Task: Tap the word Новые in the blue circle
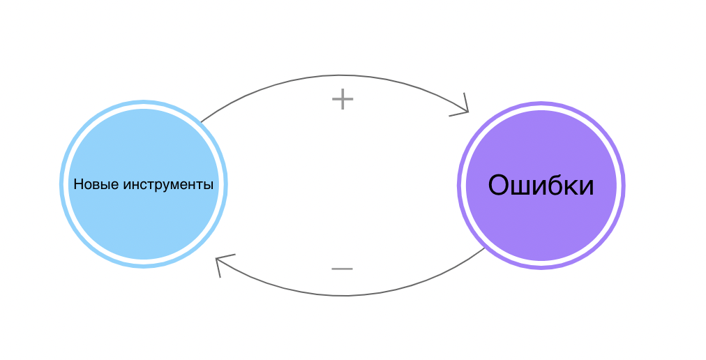point(96,184)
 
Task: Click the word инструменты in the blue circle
point(168,184)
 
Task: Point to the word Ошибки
point(541,185)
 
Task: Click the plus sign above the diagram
point(343,99)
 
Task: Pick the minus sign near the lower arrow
point(343,269)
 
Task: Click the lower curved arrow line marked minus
point(343,296)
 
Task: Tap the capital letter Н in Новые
point(78,183)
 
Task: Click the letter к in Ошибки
point(574,188)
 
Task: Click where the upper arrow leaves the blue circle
point(201,122)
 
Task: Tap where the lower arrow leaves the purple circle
point(485,248)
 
